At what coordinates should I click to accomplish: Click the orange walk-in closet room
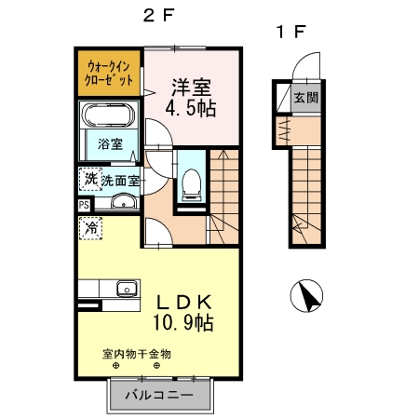point(109,73)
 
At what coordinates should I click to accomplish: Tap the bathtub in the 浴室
point(108,115)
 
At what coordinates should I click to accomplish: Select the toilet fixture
point(191,184)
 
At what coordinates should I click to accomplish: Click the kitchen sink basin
point(127,289)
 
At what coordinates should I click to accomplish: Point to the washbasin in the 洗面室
point(124,201)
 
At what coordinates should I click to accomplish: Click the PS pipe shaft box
point(84,205)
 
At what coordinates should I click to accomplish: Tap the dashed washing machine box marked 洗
point(90,179)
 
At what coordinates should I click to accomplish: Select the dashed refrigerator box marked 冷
point(90,228)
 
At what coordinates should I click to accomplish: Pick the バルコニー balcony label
point(159,395)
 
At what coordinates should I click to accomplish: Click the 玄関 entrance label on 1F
point(306,98)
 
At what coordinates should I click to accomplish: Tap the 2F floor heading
point(158,15)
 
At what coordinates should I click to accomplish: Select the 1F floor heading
point(291,32)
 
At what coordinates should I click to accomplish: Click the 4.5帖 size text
point(191,109)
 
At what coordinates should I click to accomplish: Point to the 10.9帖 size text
point(183,323)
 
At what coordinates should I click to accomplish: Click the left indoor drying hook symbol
point(115,366)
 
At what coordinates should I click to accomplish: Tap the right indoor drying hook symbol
point(156,366)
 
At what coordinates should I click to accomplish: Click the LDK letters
point(184,302)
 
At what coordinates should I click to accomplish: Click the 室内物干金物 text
point(137,354)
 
